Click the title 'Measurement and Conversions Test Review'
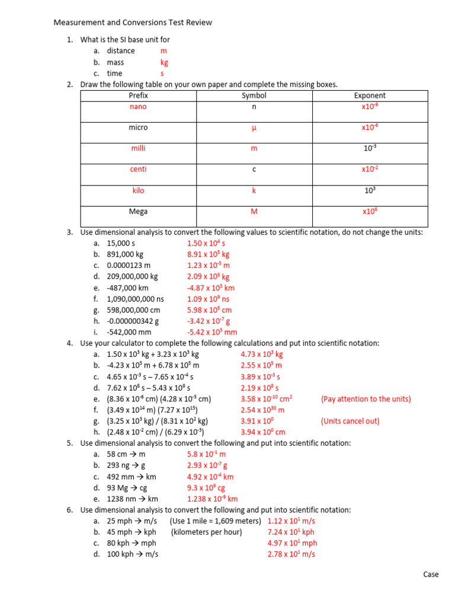tap(133, 23)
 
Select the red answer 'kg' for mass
tap(164, 62)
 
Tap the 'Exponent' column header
tap(370, 95)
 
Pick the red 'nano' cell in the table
tap(138, 107)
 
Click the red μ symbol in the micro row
tap(254, 128)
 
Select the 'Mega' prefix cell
tap(138, 211)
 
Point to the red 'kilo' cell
tap(138, 191)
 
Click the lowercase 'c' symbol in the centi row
tap(254, 170)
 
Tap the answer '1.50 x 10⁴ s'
tap(206, 243)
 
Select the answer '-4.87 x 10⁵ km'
tap(210, 287)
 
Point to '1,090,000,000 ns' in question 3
tap(135, 299)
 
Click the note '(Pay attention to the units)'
tap(366, 399)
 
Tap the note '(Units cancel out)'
tap(350, 421)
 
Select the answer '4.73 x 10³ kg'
tap(262, 354)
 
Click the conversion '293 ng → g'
tap(126, 465)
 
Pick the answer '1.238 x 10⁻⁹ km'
tap(212, 499)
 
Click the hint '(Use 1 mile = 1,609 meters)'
tap(215, 521)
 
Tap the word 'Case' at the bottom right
tap(431, 574)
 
